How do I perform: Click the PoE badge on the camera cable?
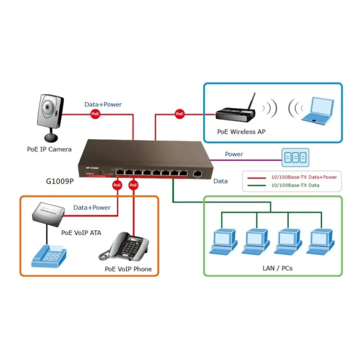click(x=95, y=114)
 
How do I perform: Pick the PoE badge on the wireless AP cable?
click(x=180, y=114)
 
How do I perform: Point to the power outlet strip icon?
click(x=296, y=157)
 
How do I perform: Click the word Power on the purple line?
click(x=234, y=154)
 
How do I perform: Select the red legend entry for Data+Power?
click(x=292, y=177)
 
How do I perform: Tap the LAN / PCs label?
click(x=277, y=268)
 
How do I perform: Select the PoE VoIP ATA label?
click(x=81, y=233)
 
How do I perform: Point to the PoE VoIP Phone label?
click(x=128, y=269)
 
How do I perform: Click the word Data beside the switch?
click(x=220, y=181)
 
